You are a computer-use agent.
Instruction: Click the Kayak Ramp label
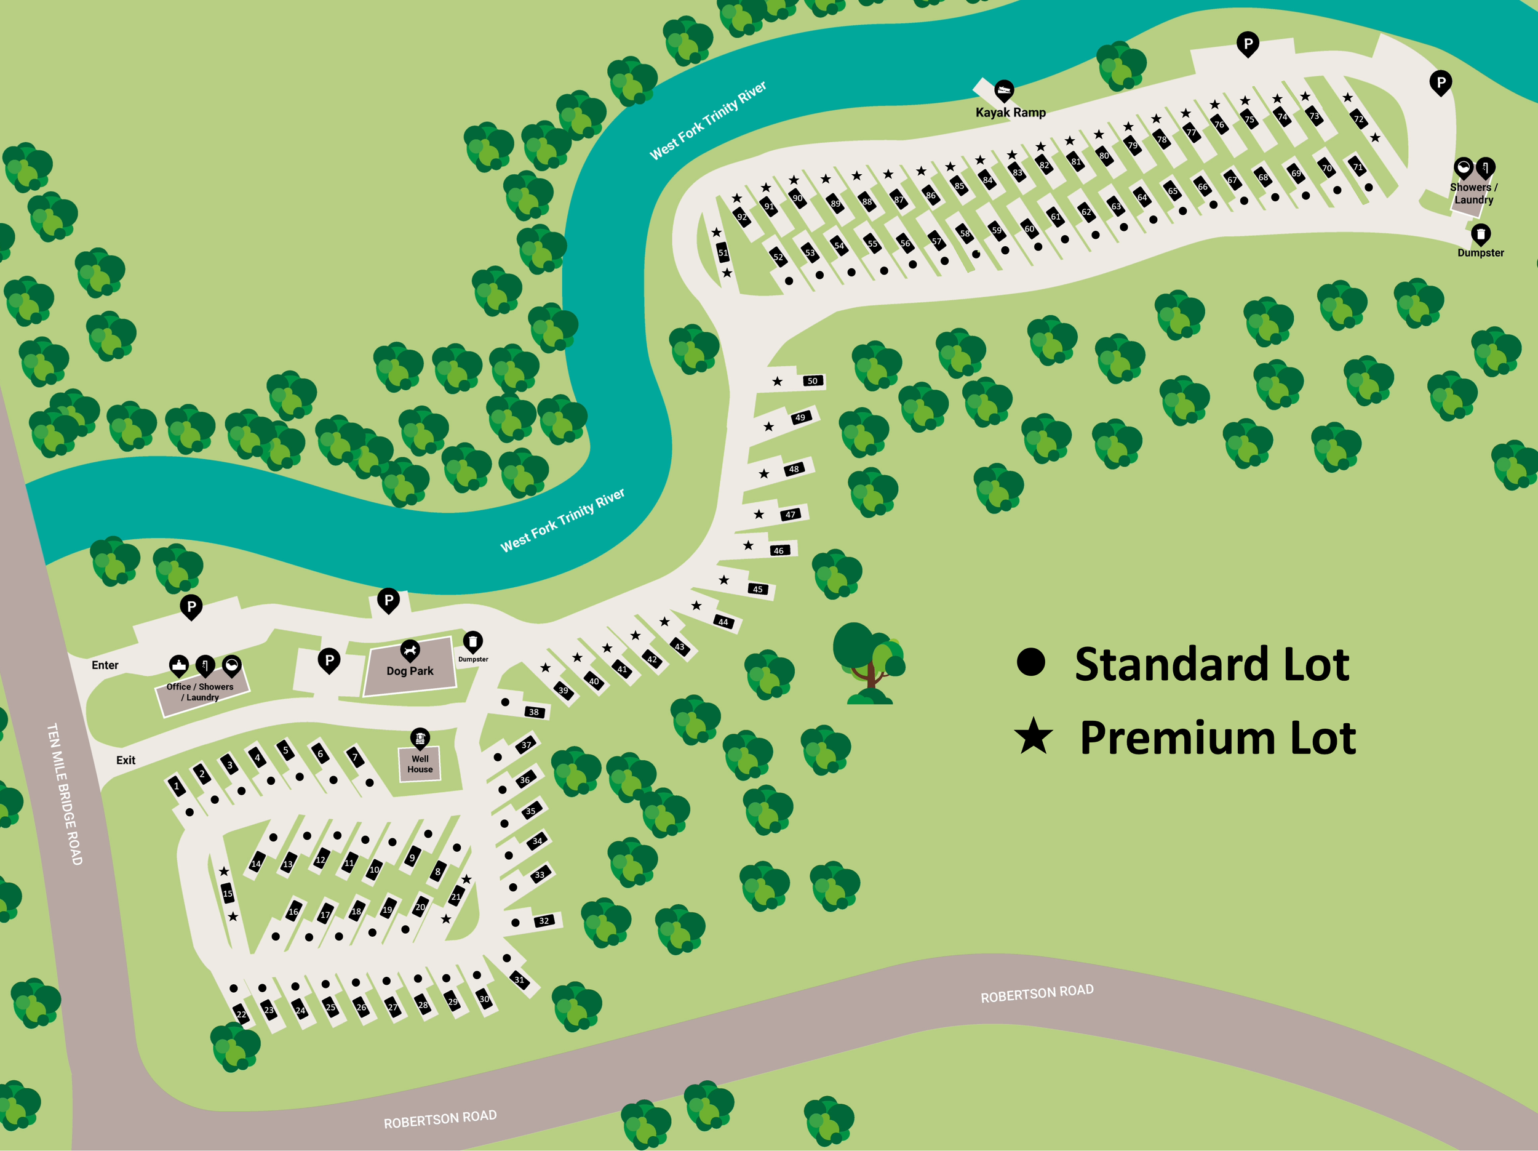tap(1010, 113)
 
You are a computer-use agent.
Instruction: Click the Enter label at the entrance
tap(105, 665)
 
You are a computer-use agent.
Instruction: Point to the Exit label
tap(126, 761)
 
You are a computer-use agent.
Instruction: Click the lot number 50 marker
tap(812, 381)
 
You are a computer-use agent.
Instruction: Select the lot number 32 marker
tap(544, 921)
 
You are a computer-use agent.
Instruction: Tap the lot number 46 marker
tap(779, 551)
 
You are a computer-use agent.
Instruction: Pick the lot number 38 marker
tap(533, 712)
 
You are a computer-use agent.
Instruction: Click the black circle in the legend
tap(1030, 662)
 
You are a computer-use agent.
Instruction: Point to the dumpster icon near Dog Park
tap(473, 641)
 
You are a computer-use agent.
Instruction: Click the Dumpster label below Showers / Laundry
tap(1480, 253)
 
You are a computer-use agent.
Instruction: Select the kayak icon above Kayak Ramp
tap(1003, 90)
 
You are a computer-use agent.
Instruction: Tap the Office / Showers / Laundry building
tap(202, 692)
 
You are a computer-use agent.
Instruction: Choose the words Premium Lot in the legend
tap(1217, 738)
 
